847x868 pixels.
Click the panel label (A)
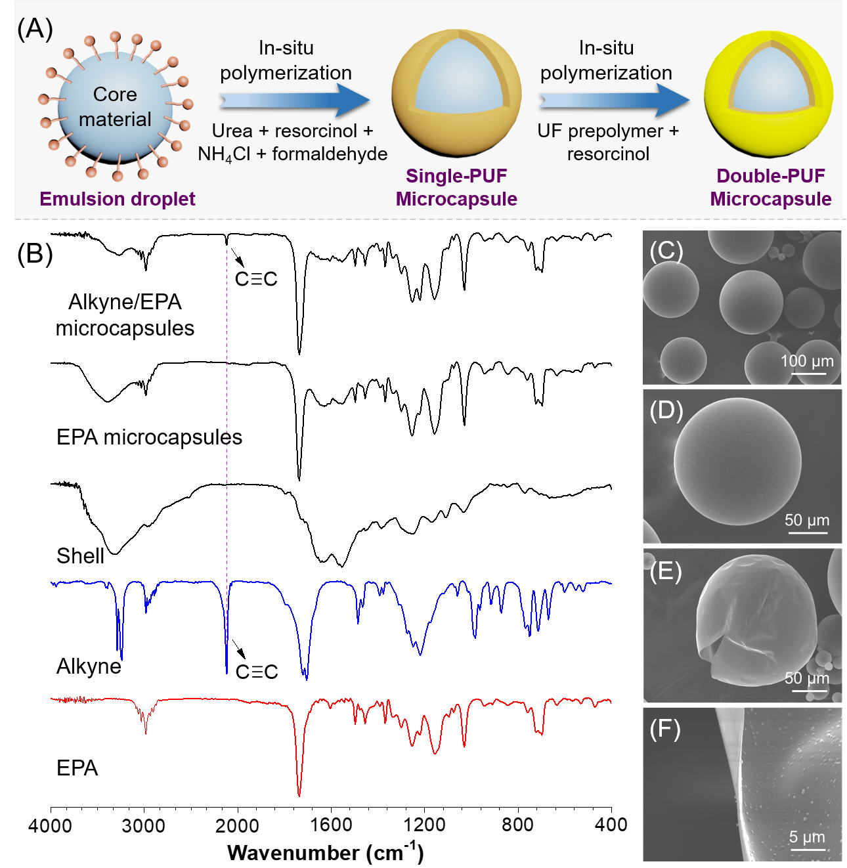(34, 30)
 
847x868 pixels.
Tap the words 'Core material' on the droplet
(115, 106)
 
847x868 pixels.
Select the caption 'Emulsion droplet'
(118, 199)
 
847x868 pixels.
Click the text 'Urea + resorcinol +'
(292, 131)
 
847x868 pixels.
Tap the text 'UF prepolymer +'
(607, 131)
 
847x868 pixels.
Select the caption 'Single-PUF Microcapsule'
(456, 187)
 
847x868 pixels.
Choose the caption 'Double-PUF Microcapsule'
(770, 187)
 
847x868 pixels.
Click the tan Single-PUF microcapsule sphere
(456, 131)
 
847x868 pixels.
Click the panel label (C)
(666, 251)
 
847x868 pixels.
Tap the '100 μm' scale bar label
(807, 360)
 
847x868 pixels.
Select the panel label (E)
(666, 571)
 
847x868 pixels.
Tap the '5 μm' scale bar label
(807, 836)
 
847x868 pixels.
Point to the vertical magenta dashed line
(227, 394)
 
